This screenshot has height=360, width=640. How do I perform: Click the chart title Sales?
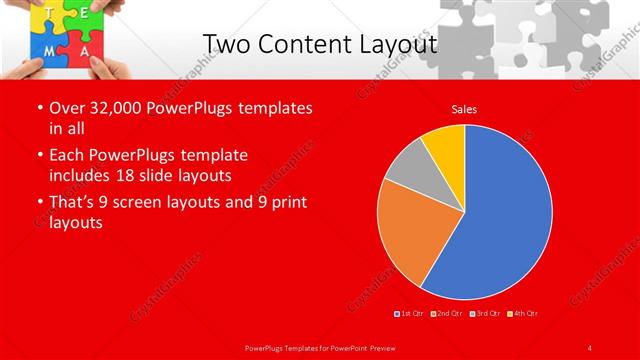point(463,108)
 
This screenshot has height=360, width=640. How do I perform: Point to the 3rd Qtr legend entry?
point(485,314)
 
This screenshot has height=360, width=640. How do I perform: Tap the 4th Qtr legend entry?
point(523,314)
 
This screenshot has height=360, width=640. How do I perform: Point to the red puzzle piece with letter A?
point(86,49)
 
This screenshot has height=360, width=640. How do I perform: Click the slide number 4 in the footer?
point(589,347)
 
